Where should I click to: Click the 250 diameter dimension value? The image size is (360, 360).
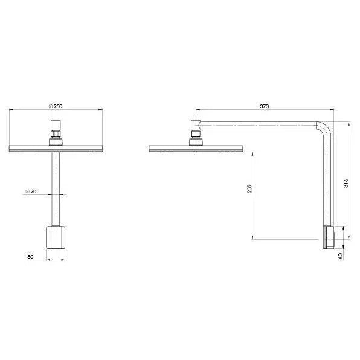[x=58, y=106]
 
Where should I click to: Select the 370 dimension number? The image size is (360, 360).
[x=264, y=106]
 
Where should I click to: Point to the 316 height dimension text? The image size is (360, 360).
[x=345, y=182]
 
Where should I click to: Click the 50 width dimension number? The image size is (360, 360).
[x=30, y=256]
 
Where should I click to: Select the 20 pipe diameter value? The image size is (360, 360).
[x=34, y=191]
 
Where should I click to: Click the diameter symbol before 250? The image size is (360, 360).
[x=51, y=106]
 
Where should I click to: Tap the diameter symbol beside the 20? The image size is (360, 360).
[x=27, y=191]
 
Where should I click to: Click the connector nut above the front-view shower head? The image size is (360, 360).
[x=56, y=131]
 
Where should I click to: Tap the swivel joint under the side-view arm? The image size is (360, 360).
[x=195, y=132]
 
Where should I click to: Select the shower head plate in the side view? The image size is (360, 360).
[x=195, y=148]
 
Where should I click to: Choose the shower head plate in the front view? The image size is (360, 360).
[x=56, y=148]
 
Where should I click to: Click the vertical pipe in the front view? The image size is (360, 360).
[x=56, y=187]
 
